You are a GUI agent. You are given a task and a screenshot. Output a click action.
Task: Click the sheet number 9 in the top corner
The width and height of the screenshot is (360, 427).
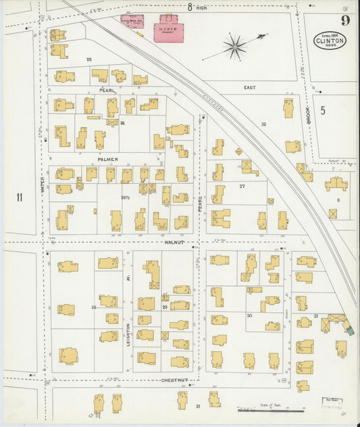click(344, 20)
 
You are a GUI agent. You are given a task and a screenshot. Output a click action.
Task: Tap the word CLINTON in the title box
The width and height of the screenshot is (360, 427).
click(329, 41)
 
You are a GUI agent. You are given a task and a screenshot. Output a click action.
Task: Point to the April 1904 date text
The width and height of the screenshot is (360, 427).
click(329, 34)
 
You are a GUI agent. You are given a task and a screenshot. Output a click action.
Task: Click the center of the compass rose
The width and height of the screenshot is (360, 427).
click(236, 47)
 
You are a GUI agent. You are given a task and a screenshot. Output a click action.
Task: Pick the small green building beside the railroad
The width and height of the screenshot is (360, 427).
click(349, 330)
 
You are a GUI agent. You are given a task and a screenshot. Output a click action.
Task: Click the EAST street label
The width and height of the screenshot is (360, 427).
click(251, 87)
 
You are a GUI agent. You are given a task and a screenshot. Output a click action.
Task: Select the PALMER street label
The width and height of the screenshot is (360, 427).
click(107, 159)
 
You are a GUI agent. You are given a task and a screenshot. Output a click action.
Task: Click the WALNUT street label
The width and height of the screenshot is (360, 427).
click(174, 241)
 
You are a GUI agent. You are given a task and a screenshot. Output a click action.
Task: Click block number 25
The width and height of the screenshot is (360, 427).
click(88, 59)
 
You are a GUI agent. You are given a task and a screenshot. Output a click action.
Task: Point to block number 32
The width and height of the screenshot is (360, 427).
click(263, 124)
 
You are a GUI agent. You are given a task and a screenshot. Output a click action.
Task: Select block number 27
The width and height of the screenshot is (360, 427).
click(241, 185)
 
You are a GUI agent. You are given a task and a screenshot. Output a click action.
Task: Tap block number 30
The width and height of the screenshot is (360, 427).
click(249, 316)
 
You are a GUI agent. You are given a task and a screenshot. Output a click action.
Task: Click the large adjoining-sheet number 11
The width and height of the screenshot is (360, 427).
click(20, 197)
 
